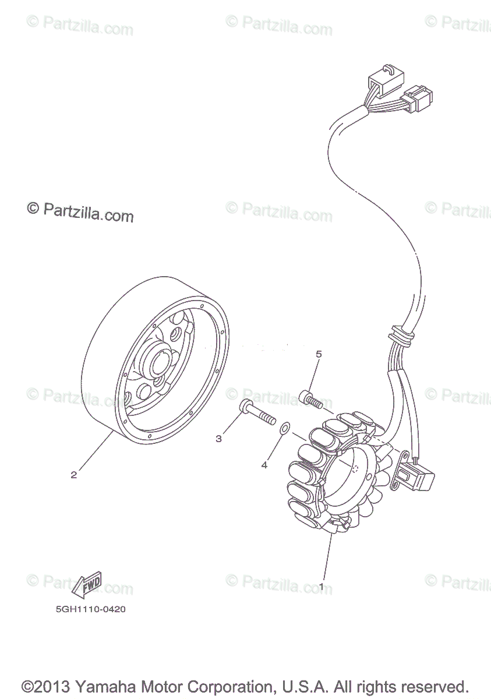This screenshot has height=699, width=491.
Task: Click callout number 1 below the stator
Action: pyautogui.click(x=321, y=587)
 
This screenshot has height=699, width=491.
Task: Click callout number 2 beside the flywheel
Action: pyautogui.click(x=73, y=475)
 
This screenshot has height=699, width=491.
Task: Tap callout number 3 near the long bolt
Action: pyautogui.click(x=219, y=439)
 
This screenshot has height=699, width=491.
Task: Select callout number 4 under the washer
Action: pyautogui.click(x=264, y=465)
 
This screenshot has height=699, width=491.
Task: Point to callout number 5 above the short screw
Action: pyautogui.click(x=319, y=354)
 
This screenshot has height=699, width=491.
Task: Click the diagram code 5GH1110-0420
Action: pyautogui.click(x=90, y=610)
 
